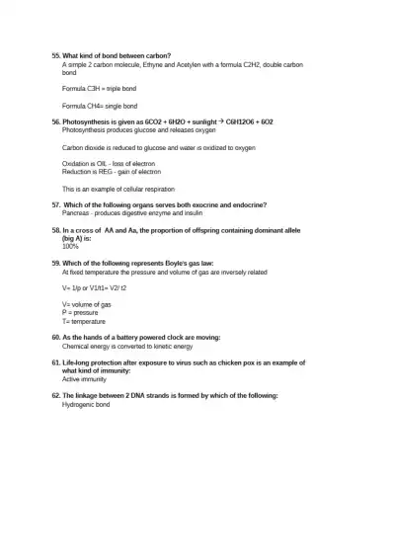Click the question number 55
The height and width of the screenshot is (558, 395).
55,55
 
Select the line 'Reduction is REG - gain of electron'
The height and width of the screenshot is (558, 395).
112,171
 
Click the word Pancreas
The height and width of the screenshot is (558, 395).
76,212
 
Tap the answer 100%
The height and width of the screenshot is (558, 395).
70,246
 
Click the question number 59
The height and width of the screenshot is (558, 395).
55,264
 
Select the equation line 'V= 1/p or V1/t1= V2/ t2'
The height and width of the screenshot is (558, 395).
95,287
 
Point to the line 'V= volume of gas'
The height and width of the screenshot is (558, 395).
87,304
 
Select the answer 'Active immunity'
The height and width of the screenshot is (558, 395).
84,379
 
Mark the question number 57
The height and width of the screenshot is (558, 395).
55,204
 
